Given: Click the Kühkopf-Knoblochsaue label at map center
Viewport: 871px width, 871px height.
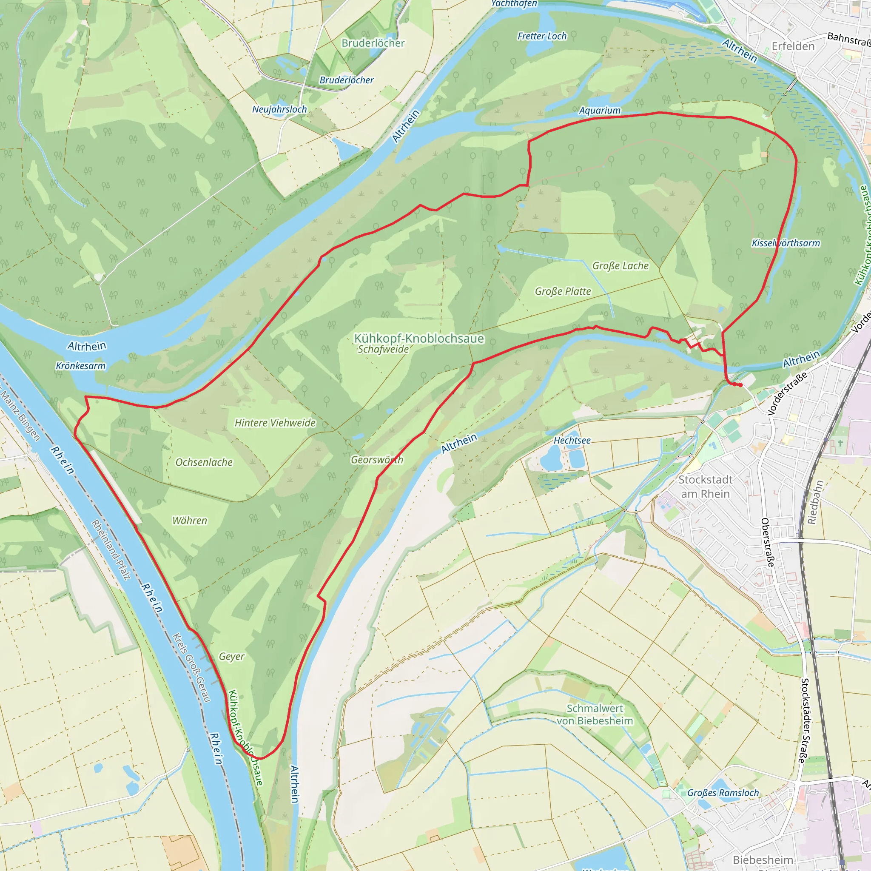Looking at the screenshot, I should coord(419,338).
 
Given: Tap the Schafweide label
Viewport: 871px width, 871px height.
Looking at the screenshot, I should coord(383,350).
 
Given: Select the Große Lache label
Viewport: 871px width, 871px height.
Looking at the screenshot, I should coord(620,266).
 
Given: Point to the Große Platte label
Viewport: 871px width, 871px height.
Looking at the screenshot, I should coord(562,292).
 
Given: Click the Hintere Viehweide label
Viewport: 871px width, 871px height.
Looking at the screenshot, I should coord(275,423).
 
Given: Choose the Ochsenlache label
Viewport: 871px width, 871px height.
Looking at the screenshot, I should coord(204,463).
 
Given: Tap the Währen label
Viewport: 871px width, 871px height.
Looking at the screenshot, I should coord(189,521).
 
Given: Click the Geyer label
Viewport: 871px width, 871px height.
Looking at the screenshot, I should coord(231,656).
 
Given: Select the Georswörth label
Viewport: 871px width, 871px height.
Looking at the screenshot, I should coord(377,460).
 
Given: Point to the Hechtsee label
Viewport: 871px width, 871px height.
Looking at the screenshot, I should coord(572,441).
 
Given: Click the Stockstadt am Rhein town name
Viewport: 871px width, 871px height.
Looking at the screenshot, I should coord(705,487).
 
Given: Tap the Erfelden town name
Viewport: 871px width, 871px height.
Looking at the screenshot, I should coord(793,46).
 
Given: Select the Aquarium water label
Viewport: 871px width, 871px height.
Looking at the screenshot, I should coord(599,111).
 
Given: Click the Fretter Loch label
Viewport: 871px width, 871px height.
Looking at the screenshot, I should coord(541,36).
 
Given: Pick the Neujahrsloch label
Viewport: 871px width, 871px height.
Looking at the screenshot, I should coord(279,109).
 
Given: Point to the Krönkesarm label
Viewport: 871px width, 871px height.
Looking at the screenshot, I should coord(80,366).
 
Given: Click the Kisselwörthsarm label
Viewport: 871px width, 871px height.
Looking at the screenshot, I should coord(786,243).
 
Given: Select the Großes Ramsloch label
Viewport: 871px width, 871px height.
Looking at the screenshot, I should coord(723,793).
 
